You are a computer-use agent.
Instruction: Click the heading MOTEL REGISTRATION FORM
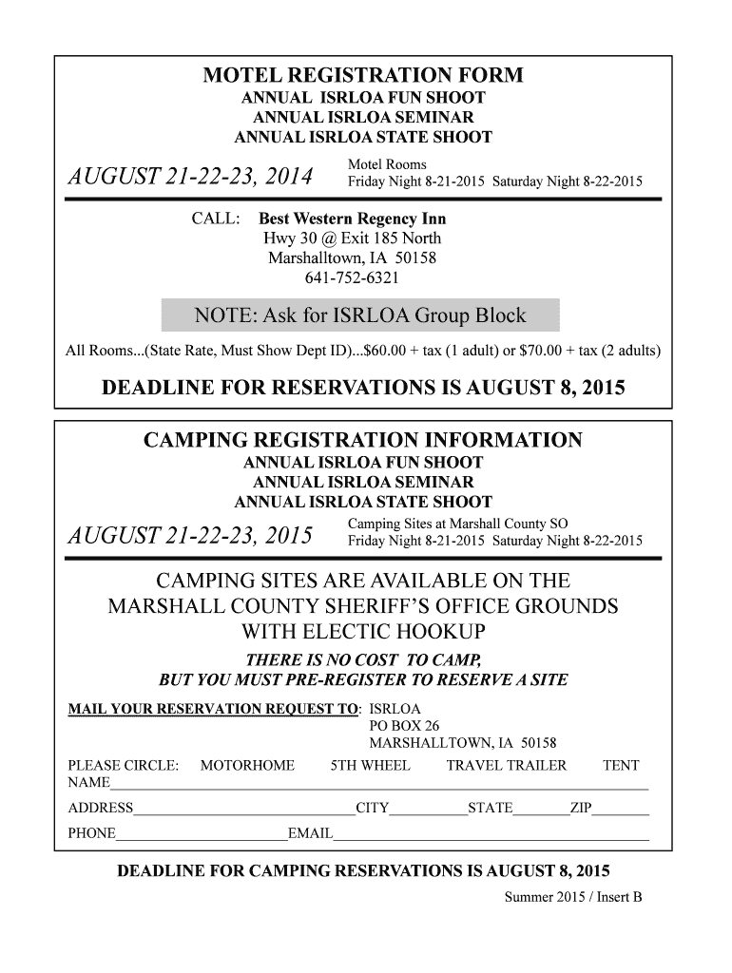click(x=363, y=76)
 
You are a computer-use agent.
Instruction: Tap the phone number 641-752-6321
click(x=352, y=278)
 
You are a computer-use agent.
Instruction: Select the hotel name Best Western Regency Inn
click(x=353, y=219)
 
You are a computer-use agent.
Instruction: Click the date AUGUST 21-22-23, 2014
click(x=187, y=178)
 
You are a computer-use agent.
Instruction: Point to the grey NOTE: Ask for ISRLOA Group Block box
click(x=360, y=315)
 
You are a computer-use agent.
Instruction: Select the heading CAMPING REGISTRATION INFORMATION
click(x=362, y=441)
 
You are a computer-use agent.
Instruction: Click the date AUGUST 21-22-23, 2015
click(x=187, y=538)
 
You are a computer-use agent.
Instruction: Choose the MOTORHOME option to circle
click(x=247, y=766)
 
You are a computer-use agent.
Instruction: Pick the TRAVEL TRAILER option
click(x=506, y=766)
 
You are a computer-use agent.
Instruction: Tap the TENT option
click(x=621, y=766)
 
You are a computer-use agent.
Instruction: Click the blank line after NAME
click(x=380, y=786)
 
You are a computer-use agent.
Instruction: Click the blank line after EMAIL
click(x=491, y=836)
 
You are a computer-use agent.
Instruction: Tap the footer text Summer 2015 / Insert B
click(x=573, y=896)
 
